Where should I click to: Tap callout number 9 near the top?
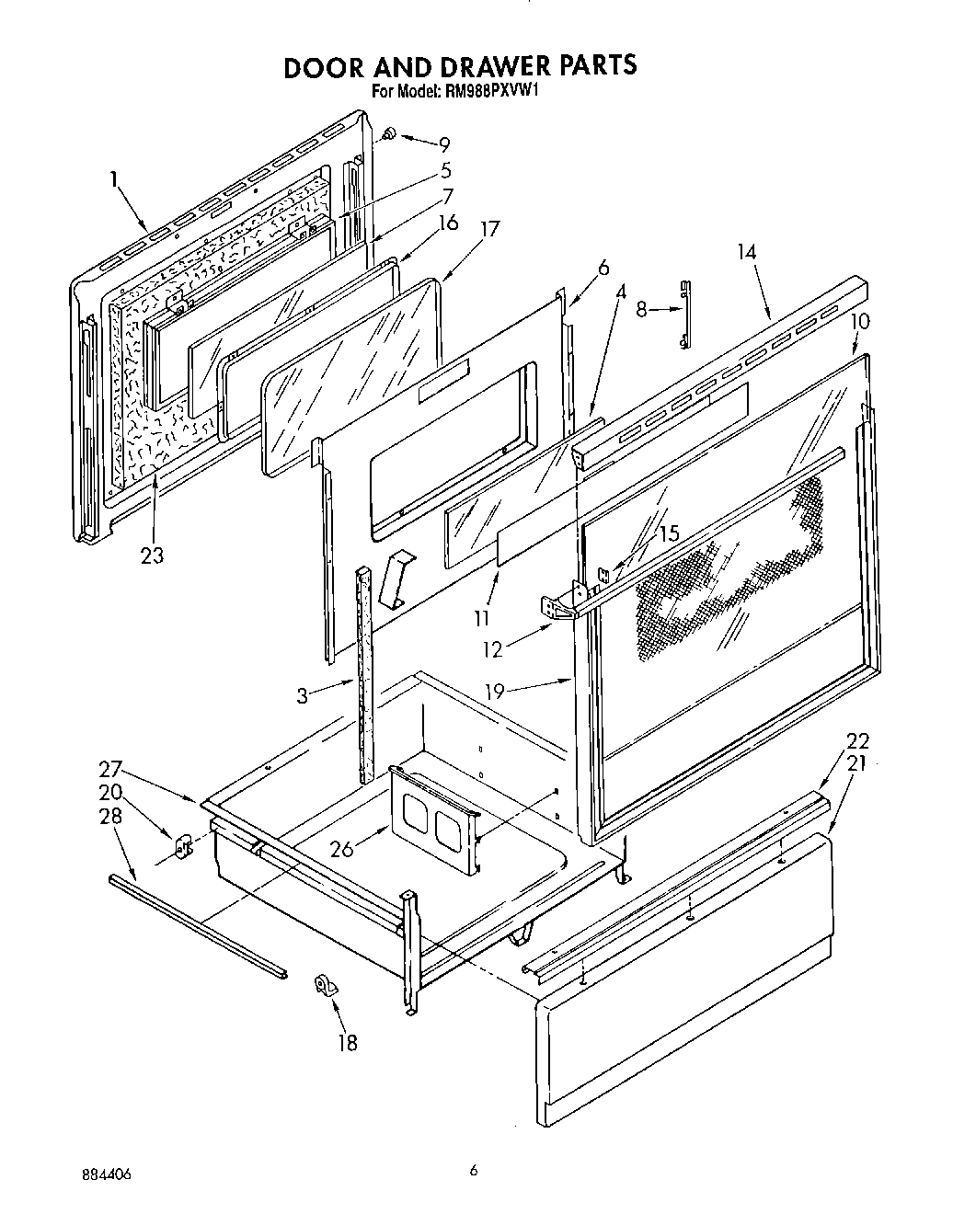pos(444,143)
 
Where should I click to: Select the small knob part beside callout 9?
pos(389,135)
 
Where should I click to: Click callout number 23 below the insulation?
pos(153,555)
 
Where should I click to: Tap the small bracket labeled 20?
pos(181,842)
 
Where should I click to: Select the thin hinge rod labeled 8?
pos(684,315)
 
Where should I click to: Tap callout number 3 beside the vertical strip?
pos(304,696)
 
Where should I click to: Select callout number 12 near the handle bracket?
pos(493,649)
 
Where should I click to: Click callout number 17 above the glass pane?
pos(490,228)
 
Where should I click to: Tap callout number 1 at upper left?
pos(113,180)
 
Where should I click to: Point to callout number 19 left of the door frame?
pos(495,691)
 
